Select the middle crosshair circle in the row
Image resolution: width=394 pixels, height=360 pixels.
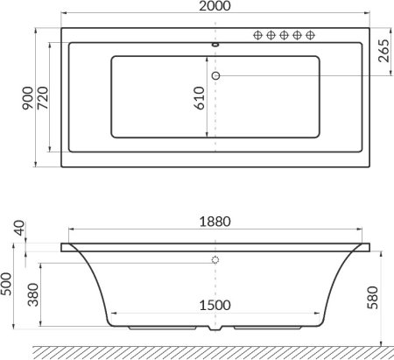click(x=284, y=35)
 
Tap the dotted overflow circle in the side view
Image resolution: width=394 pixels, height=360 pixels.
click(x=215, y=260)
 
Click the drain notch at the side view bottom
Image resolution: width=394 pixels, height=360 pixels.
click(x=215, y=332)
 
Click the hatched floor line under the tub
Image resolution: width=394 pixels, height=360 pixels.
click(x=210, y=352)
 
